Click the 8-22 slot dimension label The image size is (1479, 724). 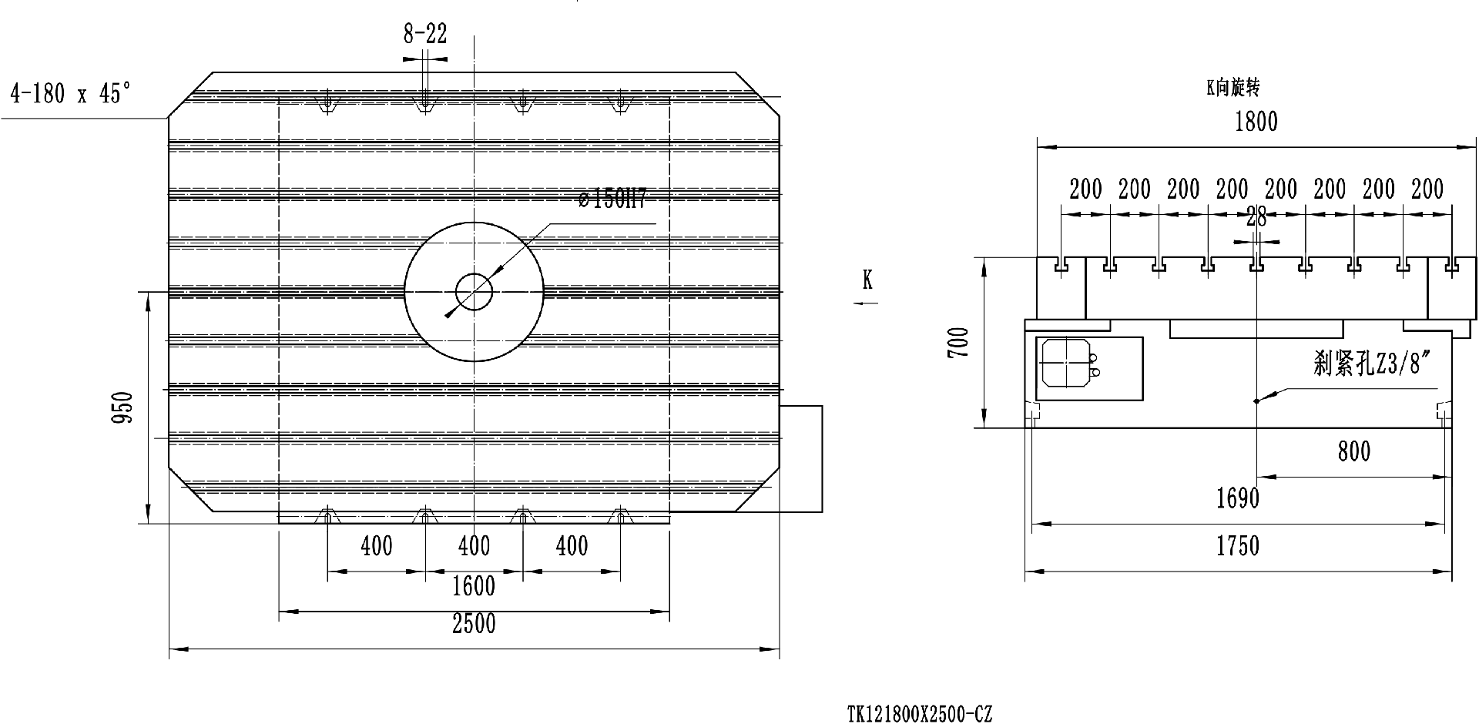coord(424,35)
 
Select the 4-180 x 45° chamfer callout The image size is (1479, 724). coord(70,95)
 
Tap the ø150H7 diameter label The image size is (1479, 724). coord(612,199)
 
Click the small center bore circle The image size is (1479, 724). coord(474,292)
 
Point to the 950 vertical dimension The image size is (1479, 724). coord(123,408)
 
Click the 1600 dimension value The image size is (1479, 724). coord(473,587)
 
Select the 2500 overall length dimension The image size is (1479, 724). coord(473,623)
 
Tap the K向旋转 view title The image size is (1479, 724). coord(1232,89)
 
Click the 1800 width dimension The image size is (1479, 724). coord(1256,122)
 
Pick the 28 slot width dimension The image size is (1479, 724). coord(1256,218)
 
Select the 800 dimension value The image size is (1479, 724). coord(1354,451)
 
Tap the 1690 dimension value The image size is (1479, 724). coord(1238,498)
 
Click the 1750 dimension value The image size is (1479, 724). coord(1238,546)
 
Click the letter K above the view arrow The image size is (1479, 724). coord(867,281)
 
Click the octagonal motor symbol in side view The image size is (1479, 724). coord(1062,363)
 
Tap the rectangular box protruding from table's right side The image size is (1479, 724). coord(802,458)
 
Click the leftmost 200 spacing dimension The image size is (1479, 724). coord(1085,189)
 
